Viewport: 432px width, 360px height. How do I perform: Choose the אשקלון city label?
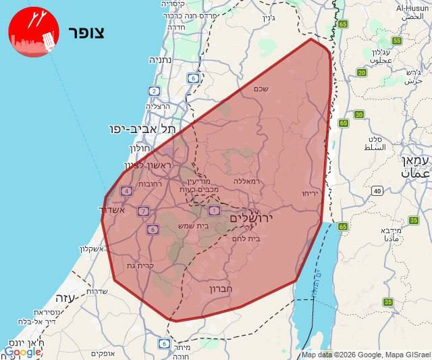tap(94, 249)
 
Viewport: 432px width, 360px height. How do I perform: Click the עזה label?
tap(65, 297)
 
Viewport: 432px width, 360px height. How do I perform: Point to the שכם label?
tap(261, 88)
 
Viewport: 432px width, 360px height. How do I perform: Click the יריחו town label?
tap(310, 193)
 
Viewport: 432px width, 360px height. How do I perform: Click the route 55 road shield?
tap(396, 41)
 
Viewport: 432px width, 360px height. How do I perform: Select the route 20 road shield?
tap(362, 72)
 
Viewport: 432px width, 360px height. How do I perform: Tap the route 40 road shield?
tap(377, 191)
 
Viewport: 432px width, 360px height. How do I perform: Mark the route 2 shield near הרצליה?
tap(155, 91)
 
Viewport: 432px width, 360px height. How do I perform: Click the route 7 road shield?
tap(142, 211)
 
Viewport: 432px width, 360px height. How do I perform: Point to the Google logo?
tap(22, 351)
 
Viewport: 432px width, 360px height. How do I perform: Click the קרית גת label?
tap(142, 265)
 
